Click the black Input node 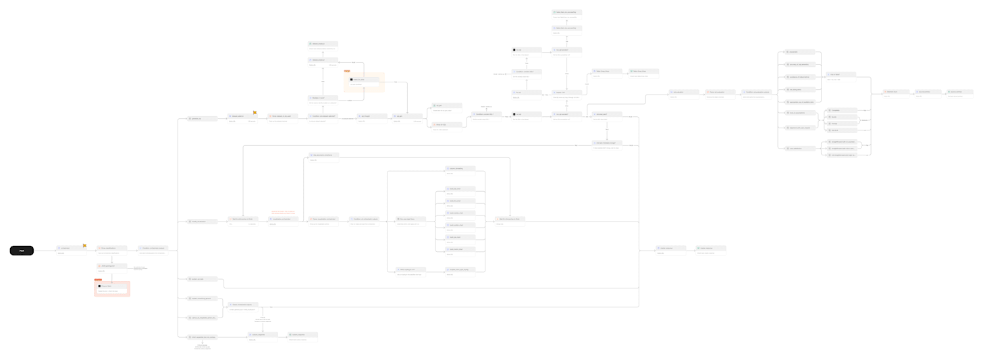pyautogui.click(x=22, y=251)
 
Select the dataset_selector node pyautogui.click(x=242, y=116)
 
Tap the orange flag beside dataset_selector pyautogui.click(x=255, y=112)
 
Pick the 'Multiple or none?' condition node pyautogui.click(x=323, y=98)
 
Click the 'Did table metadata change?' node pyautogui.click(x=606, y=143)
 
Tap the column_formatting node pyautogui.click(x=460, y=168)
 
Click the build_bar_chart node pyautogui.click(x=460, y=188)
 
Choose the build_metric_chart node pyautogui.click(x=460, y=249)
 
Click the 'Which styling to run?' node pyautogui.click(x=410, y=269)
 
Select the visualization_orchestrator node pyautogui.click(x=283, y=219)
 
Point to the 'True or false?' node pyautogui.click(x=841, y=74)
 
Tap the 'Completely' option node pyautogui.click(x=841, y=110)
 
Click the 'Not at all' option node pyautogui.click(x=841, y=130)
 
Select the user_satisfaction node pyautogui.click(x=799, y=149)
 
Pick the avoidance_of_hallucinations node pyautogui.click(x=799, y=77)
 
